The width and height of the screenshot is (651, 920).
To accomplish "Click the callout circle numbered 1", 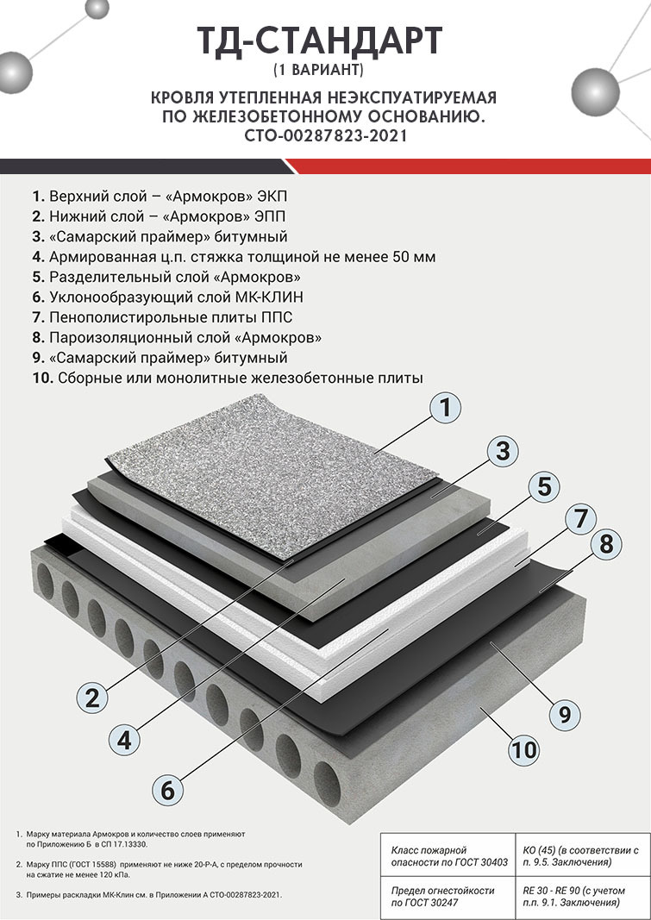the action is (x=445, y=407).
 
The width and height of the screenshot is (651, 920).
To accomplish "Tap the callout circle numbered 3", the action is (x=503, y=452).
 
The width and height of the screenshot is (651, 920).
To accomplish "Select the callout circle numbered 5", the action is (x=544, y=487).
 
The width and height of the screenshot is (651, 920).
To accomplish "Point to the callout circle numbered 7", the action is (x=580, y=519).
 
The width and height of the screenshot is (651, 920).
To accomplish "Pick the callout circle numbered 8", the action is (x=605, y=544).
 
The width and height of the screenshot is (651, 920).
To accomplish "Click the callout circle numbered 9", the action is (x=564, y=714).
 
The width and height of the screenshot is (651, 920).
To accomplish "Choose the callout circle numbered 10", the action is (x=523, y=749).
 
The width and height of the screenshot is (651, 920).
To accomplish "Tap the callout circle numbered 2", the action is (x=92, y=698).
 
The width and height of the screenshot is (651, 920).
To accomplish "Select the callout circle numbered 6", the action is (x=168, y=790).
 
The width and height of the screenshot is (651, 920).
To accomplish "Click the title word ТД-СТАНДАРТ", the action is (x=320, y=41).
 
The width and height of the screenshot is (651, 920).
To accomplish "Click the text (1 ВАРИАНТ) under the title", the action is (x=318, y=70).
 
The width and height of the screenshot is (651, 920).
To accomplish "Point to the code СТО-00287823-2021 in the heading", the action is (x=326, y=135).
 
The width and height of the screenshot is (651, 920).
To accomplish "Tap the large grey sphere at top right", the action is (x=595, y=92).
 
